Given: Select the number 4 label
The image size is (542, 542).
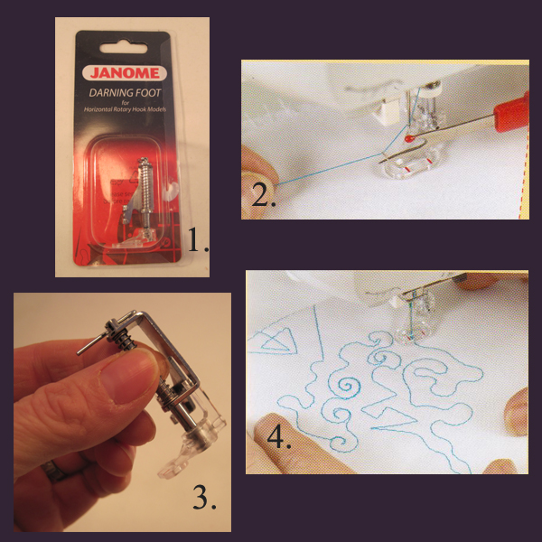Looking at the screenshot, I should [x=278, y=441].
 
